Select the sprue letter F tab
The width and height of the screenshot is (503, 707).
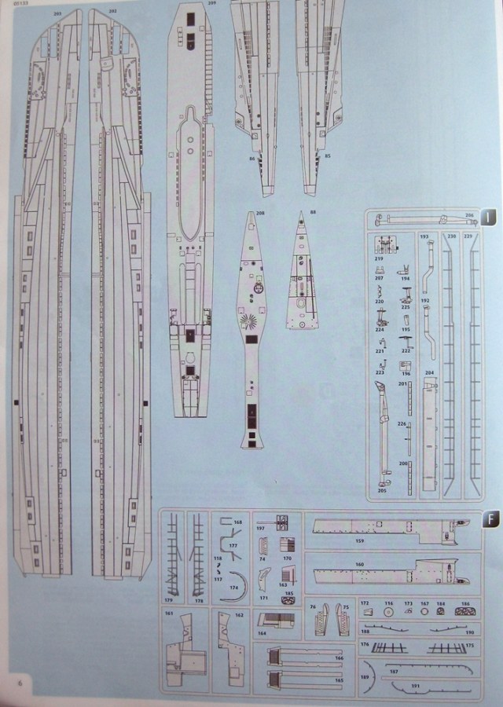489,518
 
